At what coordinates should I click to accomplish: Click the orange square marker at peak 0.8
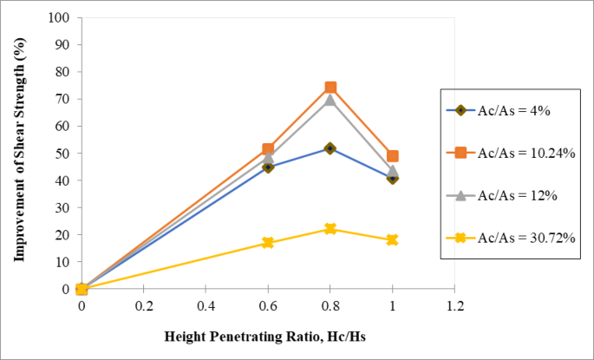point(330,88)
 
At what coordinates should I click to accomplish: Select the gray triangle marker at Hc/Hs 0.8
point(330,100)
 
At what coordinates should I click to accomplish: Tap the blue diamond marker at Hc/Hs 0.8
point(330,148)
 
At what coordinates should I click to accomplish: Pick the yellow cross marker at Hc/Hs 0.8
point(330,229)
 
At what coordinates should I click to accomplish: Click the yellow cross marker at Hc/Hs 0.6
point(268,243)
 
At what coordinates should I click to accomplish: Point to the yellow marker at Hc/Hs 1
point(393,239)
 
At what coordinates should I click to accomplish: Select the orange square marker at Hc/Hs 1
point(393,156)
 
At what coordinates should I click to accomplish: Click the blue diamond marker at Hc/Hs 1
point(393,178)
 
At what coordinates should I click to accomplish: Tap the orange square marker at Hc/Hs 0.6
point(268,150)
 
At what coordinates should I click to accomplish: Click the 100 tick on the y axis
point(60,17)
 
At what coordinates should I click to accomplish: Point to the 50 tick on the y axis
point(62,154)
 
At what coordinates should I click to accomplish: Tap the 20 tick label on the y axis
point(62,235)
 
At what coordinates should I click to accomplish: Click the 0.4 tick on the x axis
point(206,306)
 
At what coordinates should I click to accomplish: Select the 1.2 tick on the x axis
point(455,306)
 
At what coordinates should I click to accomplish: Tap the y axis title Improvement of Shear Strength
point(18,153)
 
